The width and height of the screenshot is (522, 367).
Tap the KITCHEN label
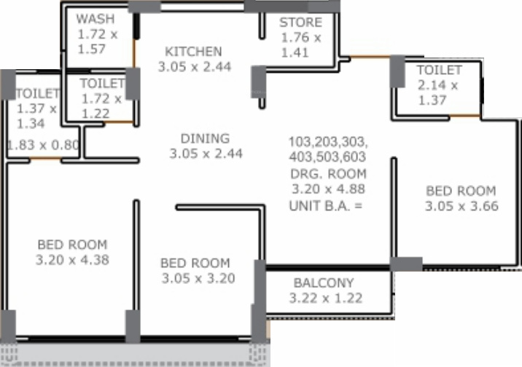click(x=193, y=52)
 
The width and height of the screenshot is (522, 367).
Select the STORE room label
click(x=300, y=23)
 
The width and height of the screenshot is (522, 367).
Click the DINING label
click(x=205, y=138)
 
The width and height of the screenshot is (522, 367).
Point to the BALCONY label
click(x=324, y=283)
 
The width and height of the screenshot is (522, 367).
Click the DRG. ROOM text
click(x=327, y=174)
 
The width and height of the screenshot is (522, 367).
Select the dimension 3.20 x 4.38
click(x=72, y=259)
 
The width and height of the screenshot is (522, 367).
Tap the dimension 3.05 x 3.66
click(x=460, y=206)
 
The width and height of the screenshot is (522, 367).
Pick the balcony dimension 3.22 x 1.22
click(x=326, y=298)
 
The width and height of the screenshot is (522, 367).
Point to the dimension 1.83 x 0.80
click(x=42, y=144)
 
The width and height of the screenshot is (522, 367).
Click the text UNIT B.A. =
click(x=326, y=205)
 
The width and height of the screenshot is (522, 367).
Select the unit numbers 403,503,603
click(x=327, y=157)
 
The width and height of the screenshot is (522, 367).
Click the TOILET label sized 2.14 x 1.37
click(x=439, y=70)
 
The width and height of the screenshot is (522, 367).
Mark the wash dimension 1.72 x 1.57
click(x=96, y=42)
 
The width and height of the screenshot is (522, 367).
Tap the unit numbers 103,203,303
click(x=328, y=141)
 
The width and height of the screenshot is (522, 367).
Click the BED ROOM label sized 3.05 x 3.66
click(x=460, y=191)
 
